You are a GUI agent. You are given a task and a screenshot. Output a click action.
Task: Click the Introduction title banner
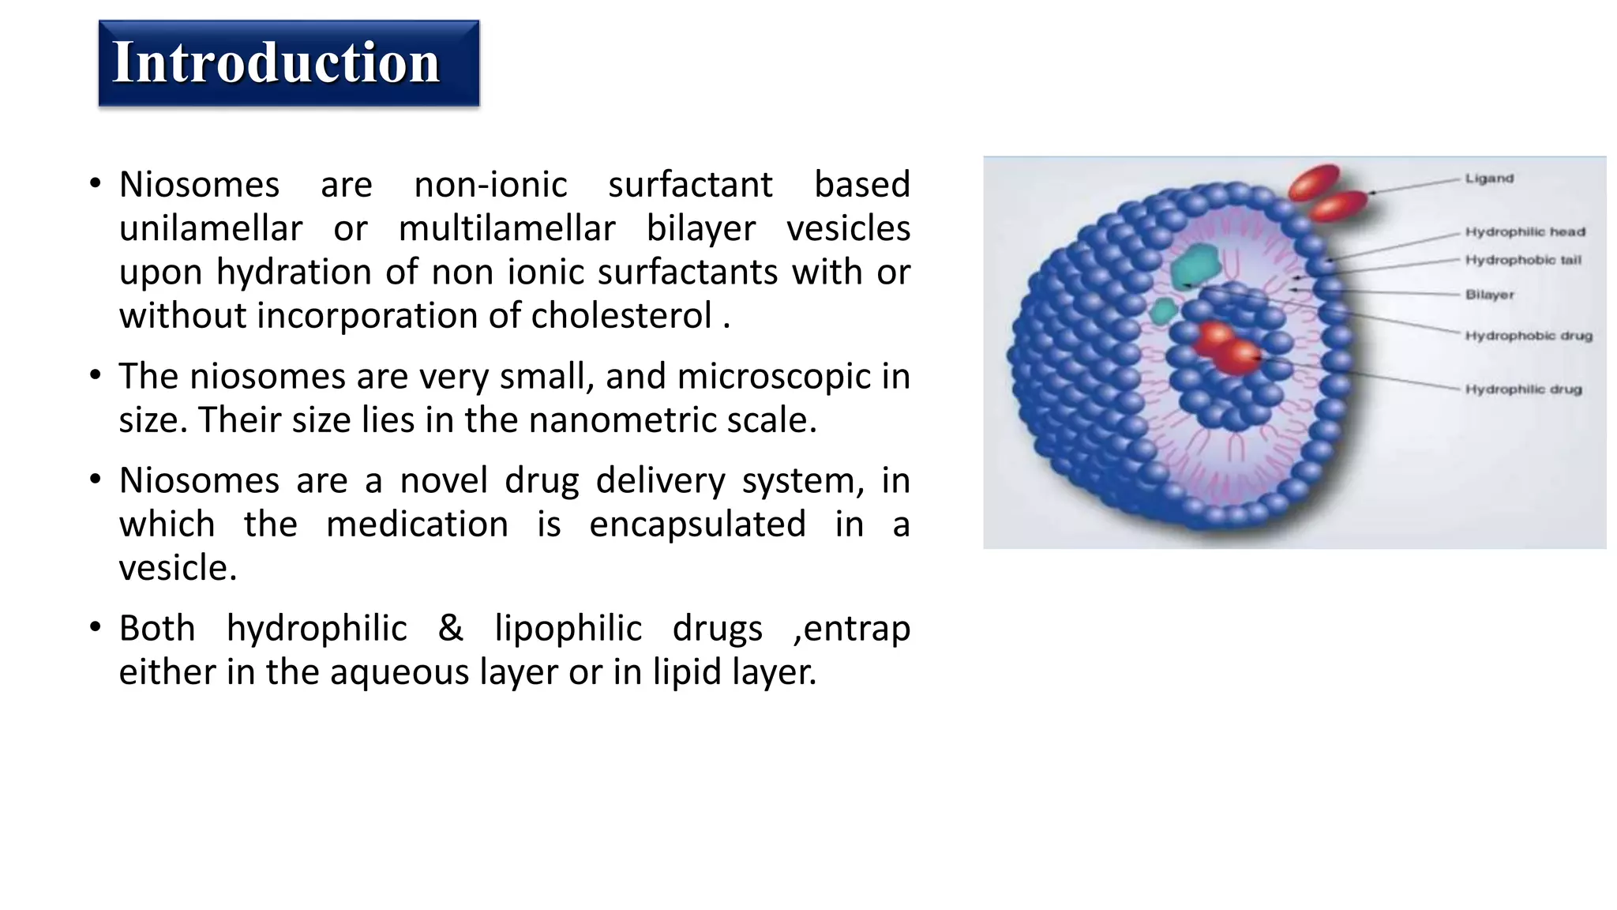(288, 63)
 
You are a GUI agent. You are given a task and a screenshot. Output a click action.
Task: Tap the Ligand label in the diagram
(1489, 179)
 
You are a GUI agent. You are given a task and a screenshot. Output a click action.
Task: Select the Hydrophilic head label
(1525, 231)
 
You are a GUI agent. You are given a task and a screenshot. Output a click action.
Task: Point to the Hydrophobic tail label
(1523, 260)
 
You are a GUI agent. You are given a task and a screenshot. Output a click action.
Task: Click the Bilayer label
(1490, 295)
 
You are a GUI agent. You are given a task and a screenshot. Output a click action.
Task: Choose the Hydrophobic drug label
(1529, 336)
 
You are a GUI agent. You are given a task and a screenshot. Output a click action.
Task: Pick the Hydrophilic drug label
(1523, 389)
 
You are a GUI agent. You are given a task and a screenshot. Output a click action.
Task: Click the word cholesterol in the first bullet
(621, 316)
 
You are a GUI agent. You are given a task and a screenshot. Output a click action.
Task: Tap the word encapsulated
(697, 525)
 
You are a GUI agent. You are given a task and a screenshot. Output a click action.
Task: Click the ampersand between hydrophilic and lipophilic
(450, 629)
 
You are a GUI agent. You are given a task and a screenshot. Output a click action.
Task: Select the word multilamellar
(506, 229)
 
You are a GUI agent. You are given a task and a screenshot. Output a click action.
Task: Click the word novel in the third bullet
(444, 481)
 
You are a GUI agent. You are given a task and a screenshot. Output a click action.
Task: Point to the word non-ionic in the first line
(490, 185)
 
